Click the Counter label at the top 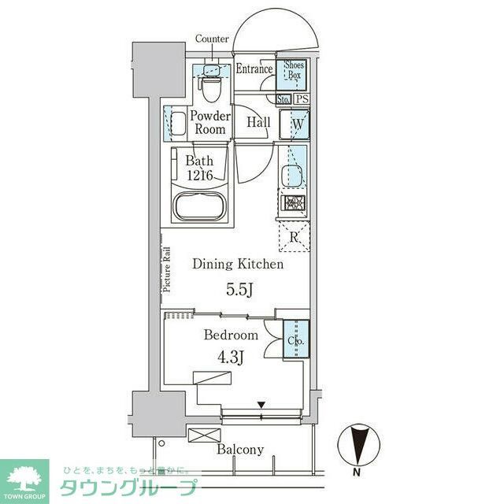coord(212,39)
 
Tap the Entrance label coord(254,69)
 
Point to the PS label coord(302,99)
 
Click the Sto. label coord(284,99)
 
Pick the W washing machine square coord(298,124)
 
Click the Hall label coord(258,123)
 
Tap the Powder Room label coord(209,123)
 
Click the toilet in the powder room coord(210,87)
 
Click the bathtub coord(200,209)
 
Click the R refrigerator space coord(294,237)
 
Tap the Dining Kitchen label coord(238,265)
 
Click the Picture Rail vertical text coord(167,270)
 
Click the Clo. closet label coord(295,342)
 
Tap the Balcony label coord(241,450)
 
